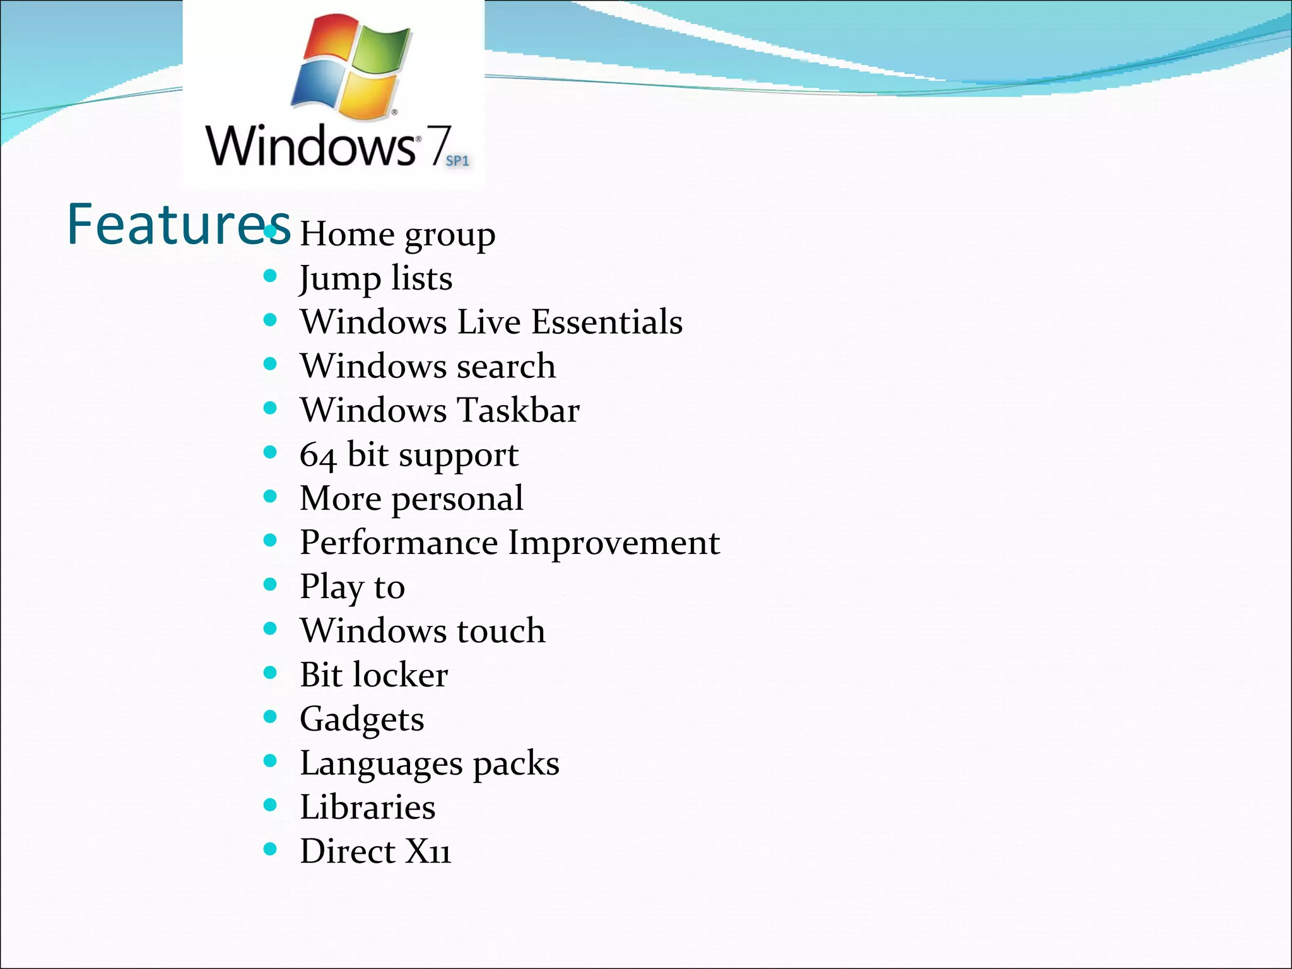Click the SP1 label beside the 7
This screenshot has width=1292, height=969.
tap(457, 161)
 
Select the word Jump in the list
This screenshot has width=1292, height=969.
tap(339, 279)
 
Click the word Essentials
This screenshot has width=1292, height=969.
tap(607, 322)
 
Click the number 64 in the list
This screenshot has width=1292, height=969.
tap(317, 455)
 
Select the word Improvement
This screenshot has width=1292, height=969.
tap(614, 543)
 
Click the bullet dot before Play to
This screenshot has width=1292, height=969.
tap(270, 584)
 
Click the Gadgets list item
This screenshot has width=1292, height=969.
tap(361, 720)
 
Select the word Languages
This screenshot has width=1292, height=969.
tap(381, 764)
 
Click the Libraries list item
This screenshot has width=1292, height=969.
tap(367, 807)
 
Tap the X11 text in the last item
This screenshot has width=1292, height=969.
tap(428, 852)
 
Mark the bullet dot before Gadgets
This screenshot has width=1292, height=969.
tap(270, 717)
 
